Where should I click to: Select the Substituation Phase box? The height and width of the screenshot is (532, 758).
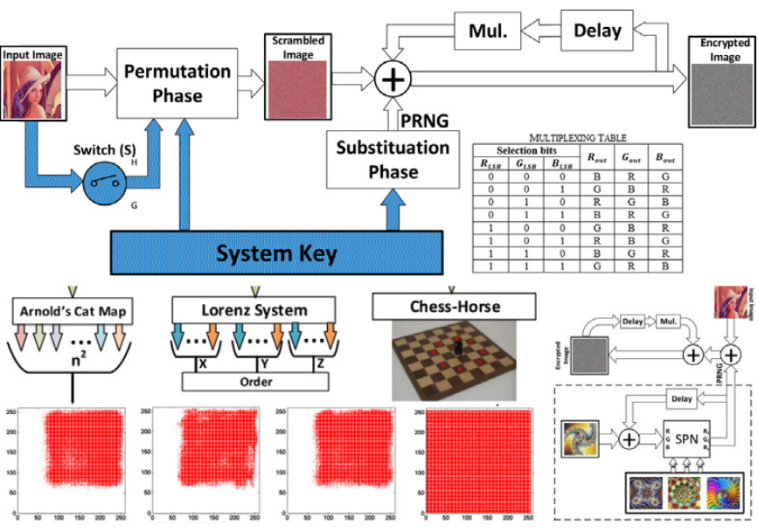click(x=393, y=160)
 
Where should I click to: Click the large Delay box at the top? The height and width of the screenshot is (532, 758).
click(x=597, y=31)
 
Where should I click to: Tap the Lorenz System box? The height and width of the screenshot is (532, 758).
click(x=254, y=310)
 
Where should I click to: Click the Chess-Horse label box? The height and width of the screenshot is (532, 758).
click(x=452, y=307)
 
